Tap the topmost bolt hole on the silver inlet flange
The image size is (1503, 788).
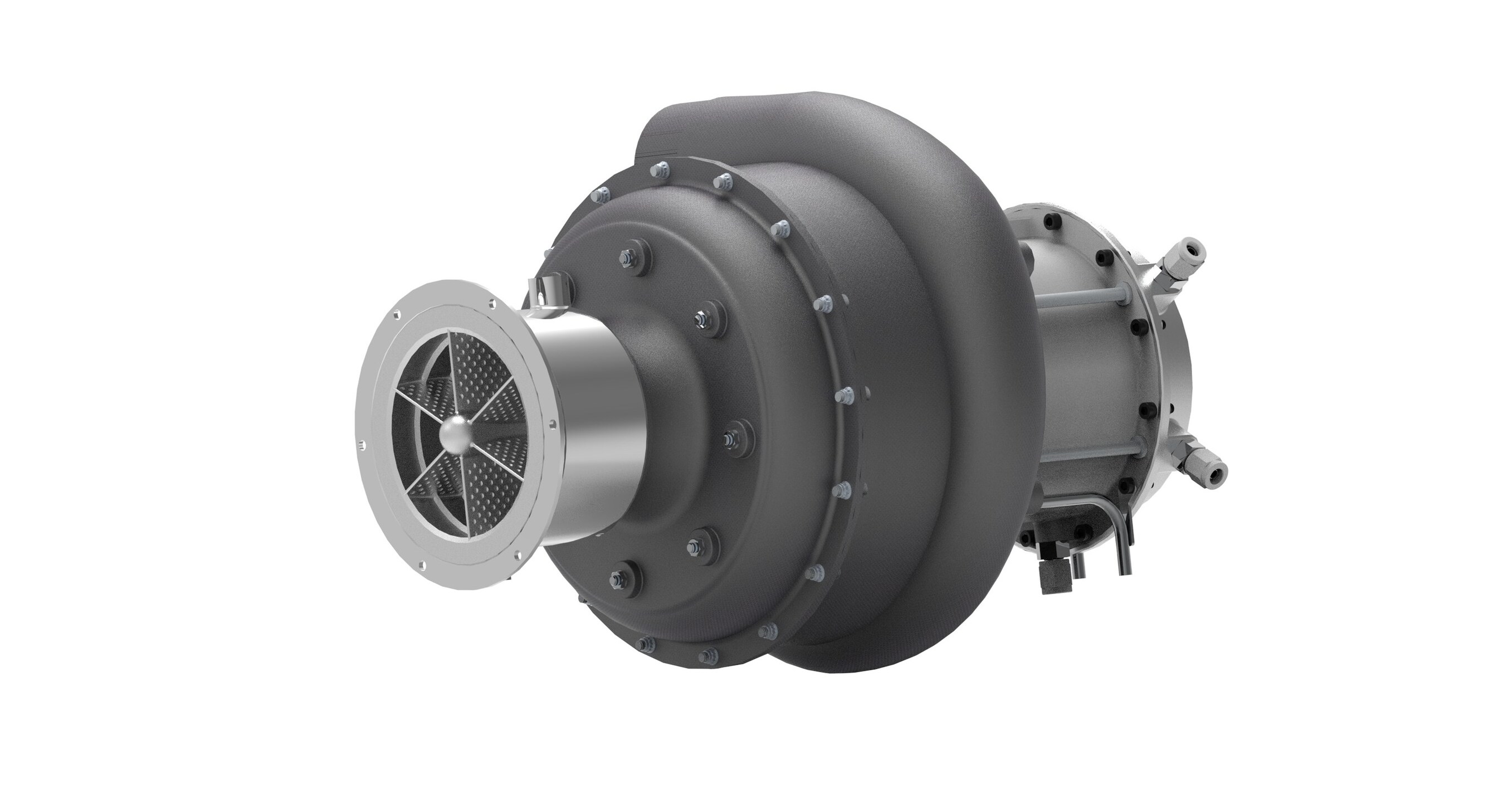(493, 303)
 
